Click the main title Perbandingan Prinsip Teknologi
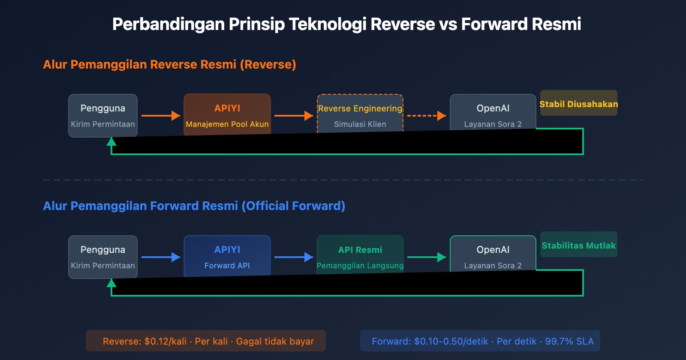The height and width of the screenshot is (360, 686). [x=346, y=24]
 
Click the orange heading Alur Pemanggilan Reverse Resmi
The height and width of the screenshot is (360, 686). [x=169, y=65]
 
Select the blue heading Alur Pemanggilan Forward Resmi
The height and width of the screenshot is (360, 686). [x=194, y=206]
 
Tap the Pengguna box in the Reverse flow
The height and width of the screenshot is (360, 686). [x=103, y=115]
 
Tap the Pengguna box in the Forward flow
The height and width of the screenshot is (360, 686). [x=103, y=257]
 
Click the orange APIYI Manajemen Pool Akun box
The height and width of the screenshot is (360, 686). [x=227, y=114]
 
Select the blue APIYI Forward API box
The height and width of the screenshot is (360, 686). [x=227, y=256]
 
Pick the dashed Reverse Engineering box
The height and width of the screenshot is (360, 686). [x=360, y=114]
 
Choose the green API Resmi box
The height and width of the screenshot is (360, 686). [x=360, y=255]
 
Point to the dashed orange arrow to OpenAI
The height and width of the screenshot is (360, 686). [x=426, y=116]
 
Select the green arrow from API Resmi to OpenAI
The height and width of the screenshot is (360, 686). [x=426, y=257]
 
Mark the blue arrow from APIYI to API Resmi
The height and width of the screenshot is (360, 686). [x=293, y=257]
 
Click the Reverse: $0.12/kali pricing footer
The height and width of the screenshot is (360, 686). [x=206, y=341]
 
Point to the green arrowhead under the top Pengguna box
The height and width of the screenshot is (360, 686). [x=111, y=142]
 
